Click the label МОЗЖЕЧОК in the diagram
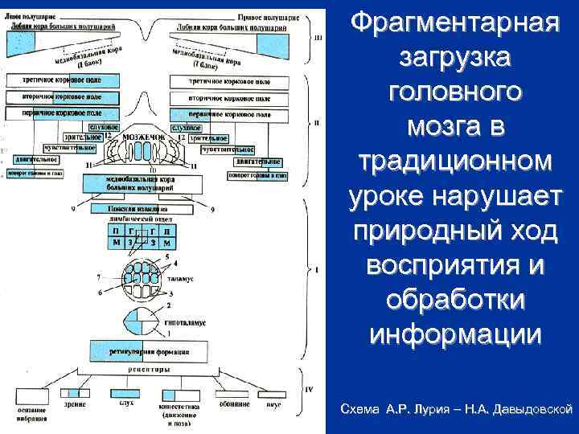point(144,137)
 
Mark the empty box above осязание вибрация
point(31,393)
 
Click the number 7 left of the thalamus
point(98,277)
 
